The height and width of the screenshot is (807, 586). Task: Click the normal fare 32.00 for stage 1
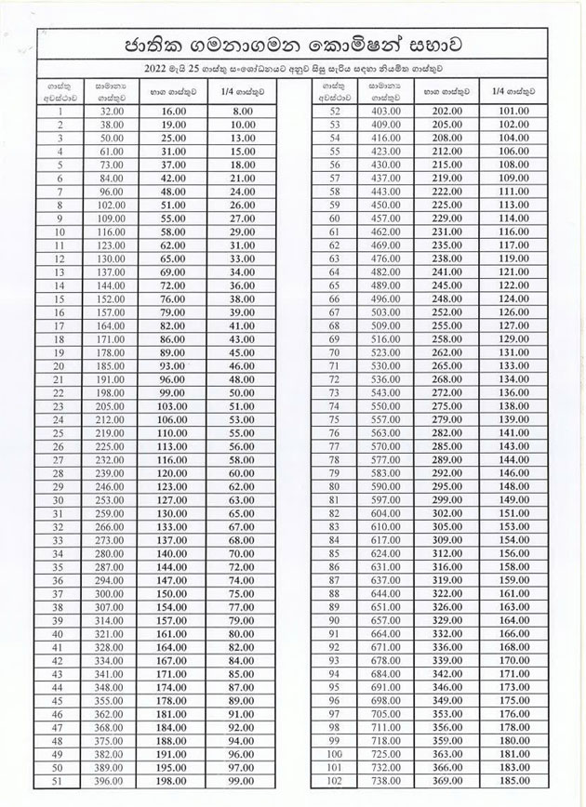click(x=113, y=110)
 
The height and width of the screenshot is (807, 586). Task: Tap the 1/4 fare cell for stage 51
click(x=242, y=783)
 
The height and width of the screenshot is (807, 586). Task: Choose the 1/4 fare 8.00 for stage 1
click(x=242, y=110)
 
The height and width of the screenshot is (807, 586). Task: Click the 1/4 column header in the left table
click(x=242, y=91)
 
